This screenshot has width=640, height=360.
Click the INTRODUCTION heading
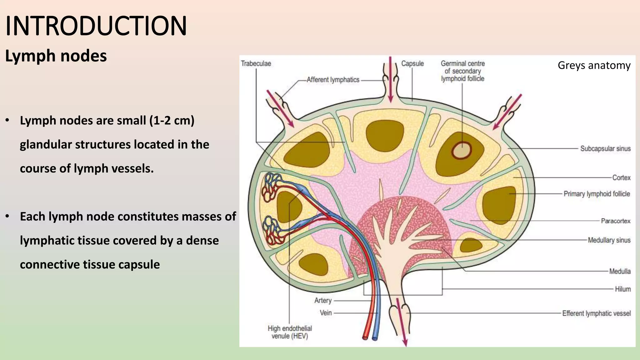[96, 26]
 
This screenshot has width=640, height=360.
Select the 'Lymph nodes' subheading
[56, 56]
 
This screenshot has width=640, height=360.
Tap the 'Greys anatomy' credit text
[594, 65]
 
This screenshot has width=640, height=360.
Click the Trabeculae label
[256, 63]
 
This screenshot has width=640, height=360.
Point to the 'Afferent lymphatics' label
[333, 80]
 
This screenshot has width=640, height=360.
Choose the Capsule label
[412, 63]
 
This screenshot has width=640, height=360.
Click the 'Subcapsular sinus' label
[605, 149]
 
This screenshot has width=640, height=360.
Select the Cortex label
[621, 178]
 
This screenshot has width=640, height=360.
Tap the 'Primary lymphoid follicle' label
[597, 194]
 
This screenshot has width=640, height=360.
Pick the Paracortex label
[616, 221]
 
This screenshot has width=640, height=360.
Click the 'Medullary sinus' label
[609, 240]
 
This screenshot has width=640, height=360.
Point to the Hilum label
[622, 289]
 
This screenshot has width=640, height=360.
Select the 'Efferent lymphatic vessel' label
[596, 313]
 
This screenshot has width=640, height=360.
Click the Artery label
[323, 301]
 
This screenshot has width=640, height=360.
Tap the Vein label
[326, 313]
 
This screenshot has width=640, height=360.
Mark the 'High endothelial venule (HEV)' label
[290, 332]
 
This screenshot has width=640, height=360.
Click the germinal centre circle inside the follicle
[461, 151]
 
